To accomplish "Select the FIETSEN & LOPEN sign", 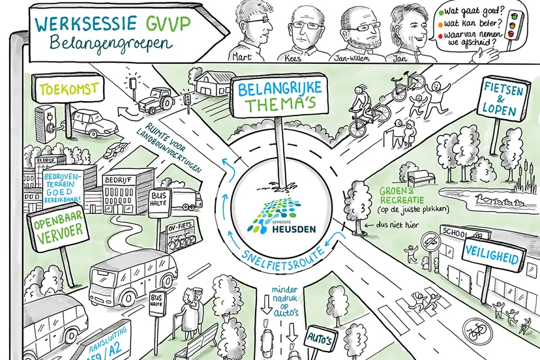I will [x=505, y=98].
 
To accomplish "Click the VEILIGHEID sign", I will [x=492, y=258].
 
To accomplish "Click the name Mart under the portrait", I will [x=243, y=56].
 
